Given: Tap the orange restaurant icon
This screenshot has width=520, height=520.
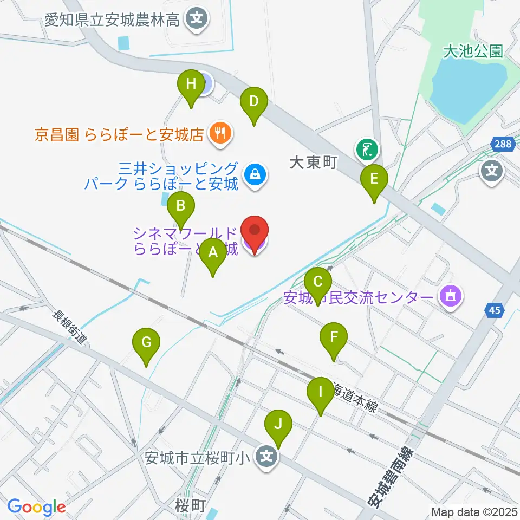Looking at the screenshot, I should [220, 133].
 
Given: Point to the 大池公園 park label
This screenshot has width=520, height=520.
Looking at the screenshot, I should [473, 51].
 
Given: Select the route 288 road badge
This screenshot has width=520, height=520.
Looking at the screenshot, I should [502, 144].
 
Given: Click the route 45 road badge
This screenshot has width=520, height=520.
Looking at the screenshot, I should [495, 310].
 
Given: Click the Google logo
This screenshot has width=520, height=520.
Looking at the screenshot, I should [37, 507].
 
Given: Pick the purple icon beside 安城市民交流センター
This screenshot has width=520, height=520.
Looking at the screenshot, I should [451, 297].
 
